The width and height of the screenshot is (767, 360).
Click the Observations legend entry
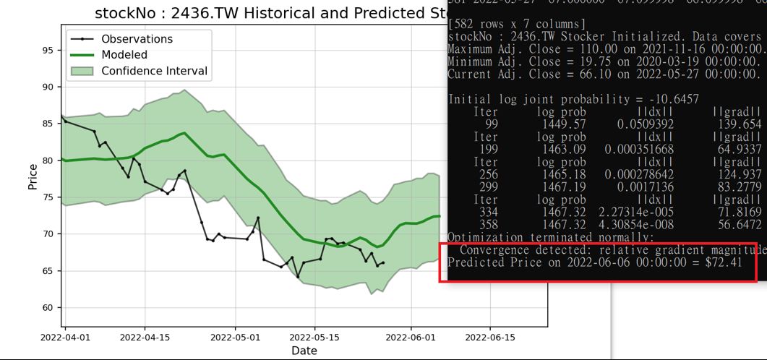[x=137, y=39]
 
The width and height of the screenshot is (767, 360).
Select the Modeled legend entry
[x=124, y=55]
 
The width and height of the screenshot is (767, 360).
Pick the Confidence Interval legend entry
[x=154, y=71]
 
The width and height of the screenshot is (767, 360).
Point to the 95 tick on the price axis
[x=47, y=50]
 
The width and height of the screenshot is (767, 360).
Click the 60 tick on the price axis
[x=47, y=308]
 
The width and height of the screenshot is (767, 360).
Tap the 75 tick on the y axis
[x=47, y=197]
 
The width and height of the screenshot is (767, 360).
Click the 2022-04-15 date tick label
[x=145, y=337]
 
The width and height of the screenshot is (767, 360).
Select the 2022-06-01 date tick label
[x=411, y=337]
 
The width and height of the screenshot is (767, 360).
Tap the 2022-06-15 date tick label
[x=489, y=337]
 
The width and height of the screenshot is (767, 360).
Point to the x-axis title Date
[x=304, y=351]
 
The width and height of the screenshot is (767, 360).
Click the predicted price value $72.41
[x=724, y=262]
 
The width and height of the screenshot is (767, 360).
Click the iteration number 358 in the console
[x=488, y=224]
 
